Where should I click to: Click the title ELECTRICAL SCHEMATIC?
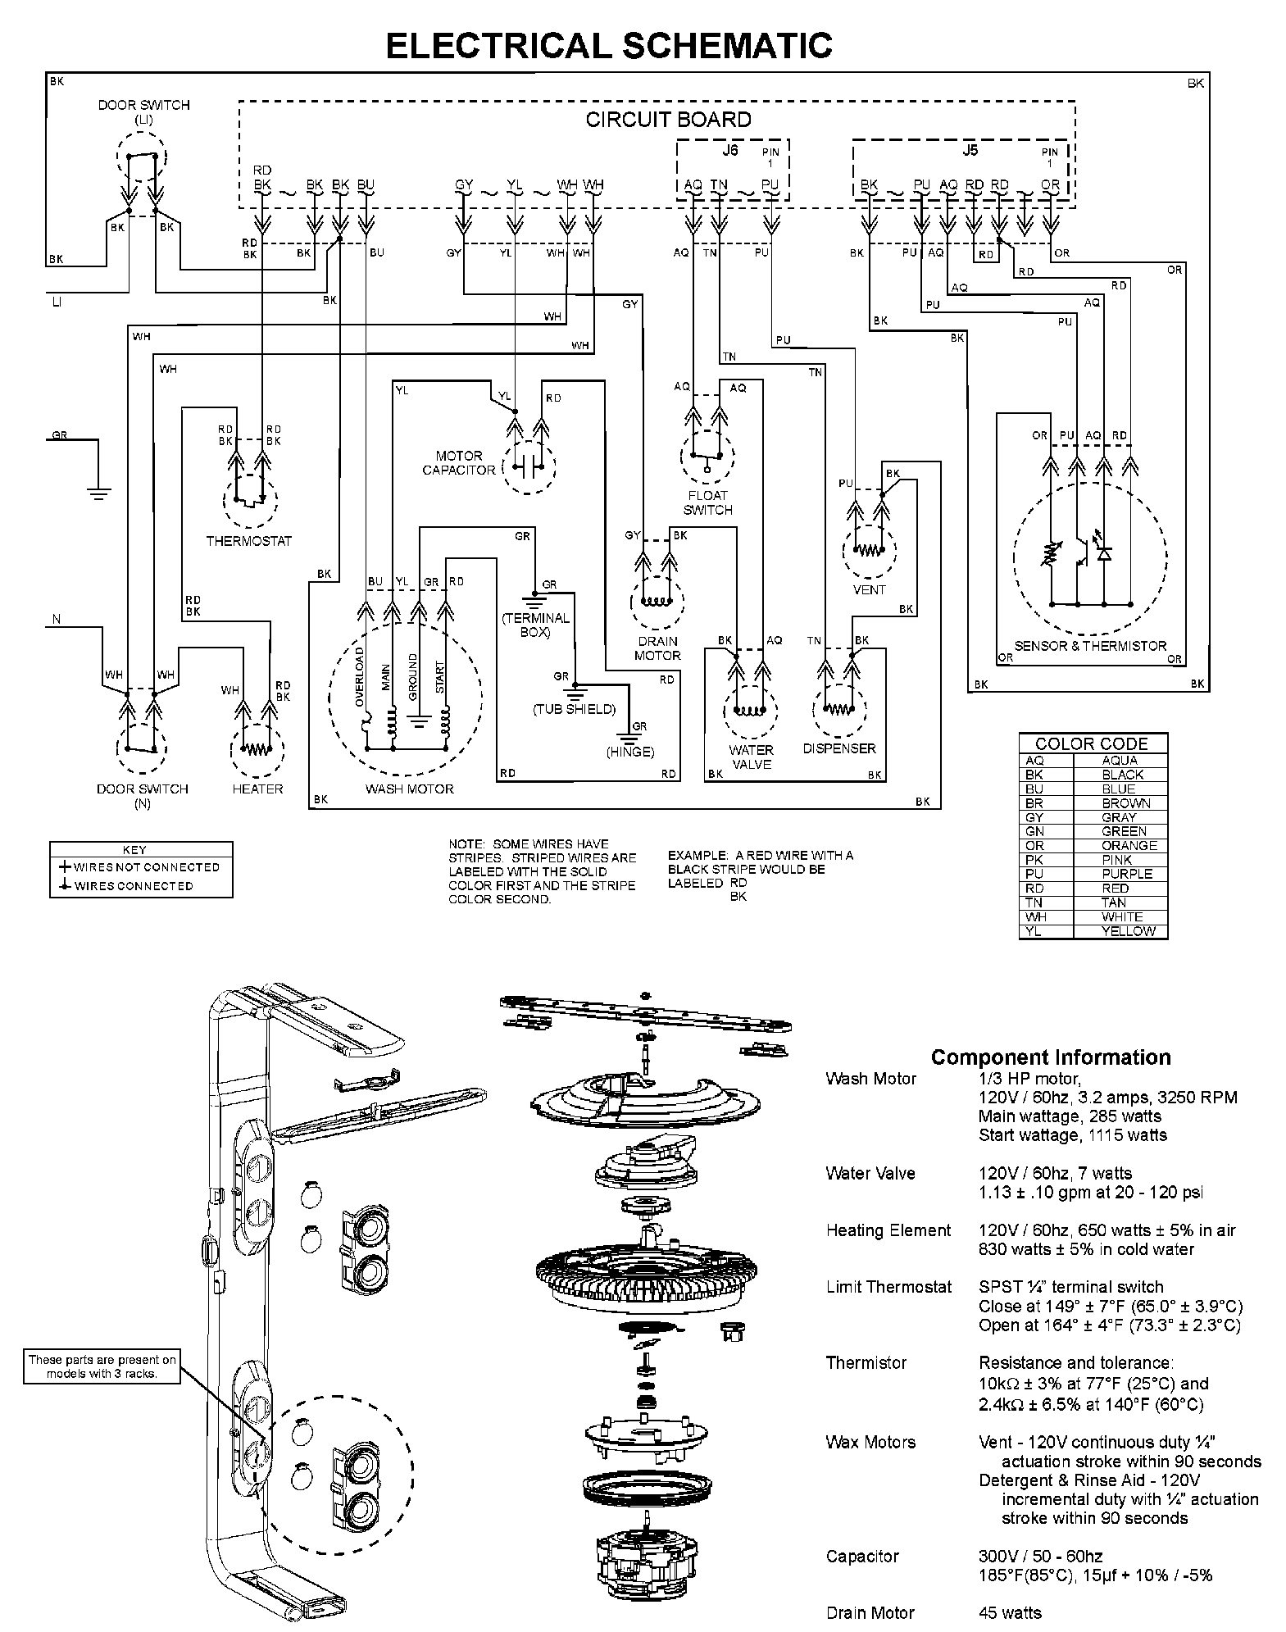click(609, 46)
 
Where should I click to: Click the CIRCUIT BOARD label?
click(668, 120)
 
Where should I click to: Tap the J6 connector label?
click(729, 151)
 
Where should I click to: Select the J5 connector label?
click(970, 151)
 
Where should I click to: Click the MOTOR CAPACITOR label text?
click(459, 463)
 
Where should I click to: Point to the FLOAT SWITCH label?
click(707, 502)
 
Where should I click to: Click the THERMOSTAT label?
click(248, 541)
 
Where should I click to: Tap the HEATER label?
click(257, 789)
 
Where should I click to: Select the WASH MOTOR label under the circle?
click(409, 789)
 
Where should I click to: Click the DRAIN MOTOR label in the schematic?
click(657, 648)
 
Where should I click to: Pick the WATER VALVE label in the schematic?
click(751, 757)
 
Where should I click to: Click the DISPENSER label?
click(838, 748)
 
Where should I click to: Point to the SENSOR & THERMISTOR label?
click(1089, 646)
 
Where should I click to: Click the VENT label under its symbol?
click(869, 589)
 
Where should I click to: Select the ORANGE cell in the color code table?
click(1129, 845)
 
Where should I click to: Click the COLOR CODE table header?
click(1092, 743)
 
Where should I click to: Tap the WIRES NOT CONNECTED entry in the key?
click(146, 866)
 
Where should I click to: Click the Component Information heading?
click(1051, 1057)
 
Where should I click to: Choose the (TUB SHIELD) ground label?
click(574, 709)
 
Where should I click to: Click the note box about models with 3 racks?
click(102, 1366)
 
